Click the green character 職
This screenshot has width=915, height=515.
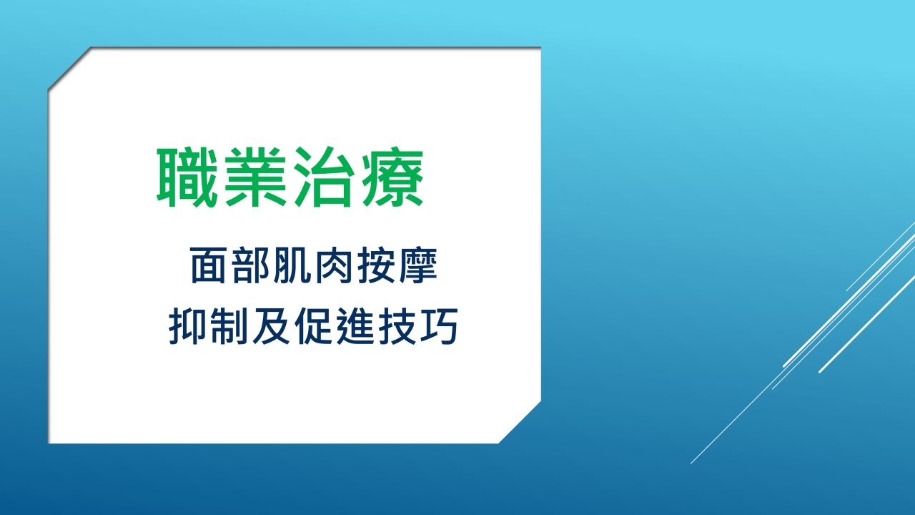pos(187,177)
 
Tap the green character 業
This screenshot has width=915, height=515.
pos(255,177)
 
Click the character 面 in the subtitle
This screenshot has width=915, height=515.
pos(208,265)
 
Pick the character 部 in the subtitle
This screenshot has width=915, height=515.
pos(250,265)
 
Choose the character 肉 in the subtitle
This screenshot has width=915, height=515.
pos(334,265)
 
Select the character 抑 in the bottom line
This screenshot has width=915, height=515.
pos(187,326)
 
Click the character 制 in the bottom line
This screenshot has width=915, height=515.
pos(229,326)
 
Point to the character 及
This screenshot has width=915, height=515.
pos(271,326)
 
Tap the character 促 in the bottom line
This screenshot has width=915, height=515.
pos(313,326)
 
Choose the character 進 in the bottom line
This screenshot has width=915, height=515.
pos(355,326)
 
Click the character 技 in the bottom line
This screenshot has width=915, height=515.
pos(397,326)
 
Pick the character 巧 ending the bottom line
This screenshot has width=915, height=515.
pos(439,326)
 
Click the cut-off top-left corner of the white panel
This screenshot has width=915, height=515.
pos(69,68)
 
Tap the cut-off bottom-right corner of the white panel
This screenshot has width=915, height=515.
pos(520,422)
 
